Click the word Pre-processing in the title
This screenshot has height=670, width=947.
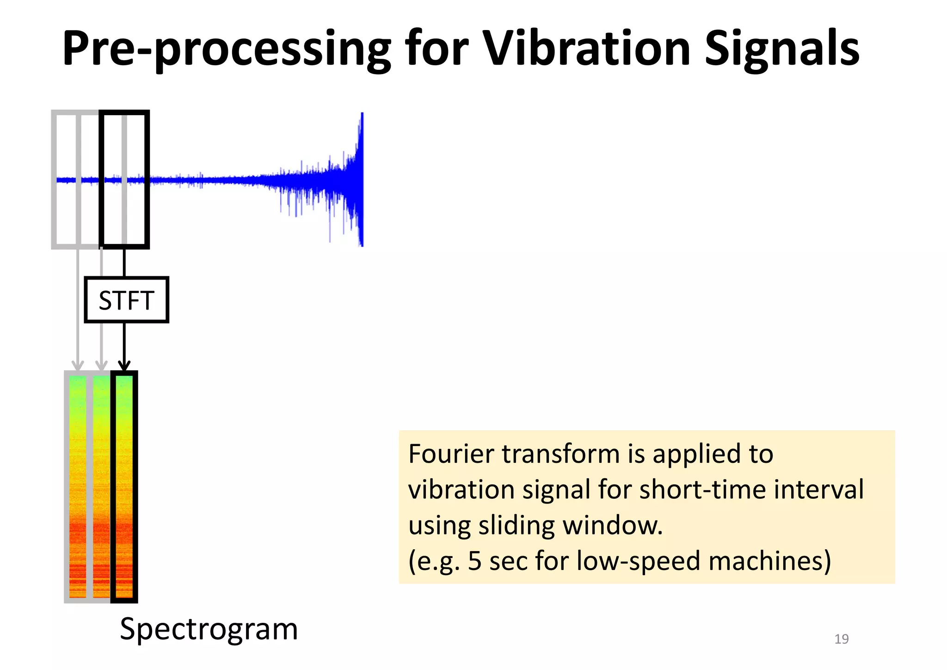(227, 49)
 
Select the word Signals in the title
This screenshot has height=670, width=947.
(781, 49)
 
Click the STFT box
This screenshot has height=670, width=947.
(126, 300)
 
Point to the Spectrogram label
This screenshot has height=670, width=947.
(209, 629)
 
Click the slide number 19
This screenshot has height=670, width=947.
(841, 639)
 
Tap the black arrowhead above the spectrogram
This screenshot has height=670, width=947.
(124, 366)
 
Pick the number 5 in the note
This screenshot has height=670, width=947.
(475, 561)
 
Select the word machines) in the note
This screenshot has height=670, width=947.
(769, 561)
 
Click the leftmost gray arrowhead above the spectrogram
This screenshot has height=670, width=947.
(78, 366)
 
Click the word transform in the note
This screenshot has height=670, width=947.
(560, 453)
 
